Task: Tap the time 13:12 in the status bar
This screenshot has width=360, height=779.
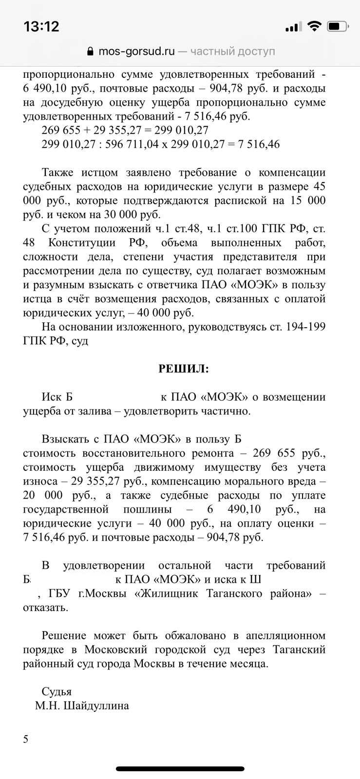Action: click(41, 26)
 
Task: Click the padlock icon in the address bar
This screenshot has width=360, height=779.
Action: click(90, 52)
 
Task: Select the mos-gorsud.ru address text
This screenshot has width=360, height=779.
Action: click(136, 52)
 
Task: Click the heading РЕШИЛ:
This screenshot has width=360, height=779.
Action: click(183, 369)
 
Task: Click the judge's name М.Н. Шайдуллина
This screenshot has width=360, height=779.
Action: click(82, 705)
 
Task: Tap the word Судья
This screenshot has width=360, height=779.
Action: click(57, 691)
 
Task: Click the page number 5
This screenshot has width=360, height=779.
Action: click(26, 740)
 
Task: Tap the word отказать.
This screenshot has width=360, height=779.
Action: click(45, 608)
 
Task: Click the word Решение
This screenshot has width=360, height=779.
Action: click(64, 636)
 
